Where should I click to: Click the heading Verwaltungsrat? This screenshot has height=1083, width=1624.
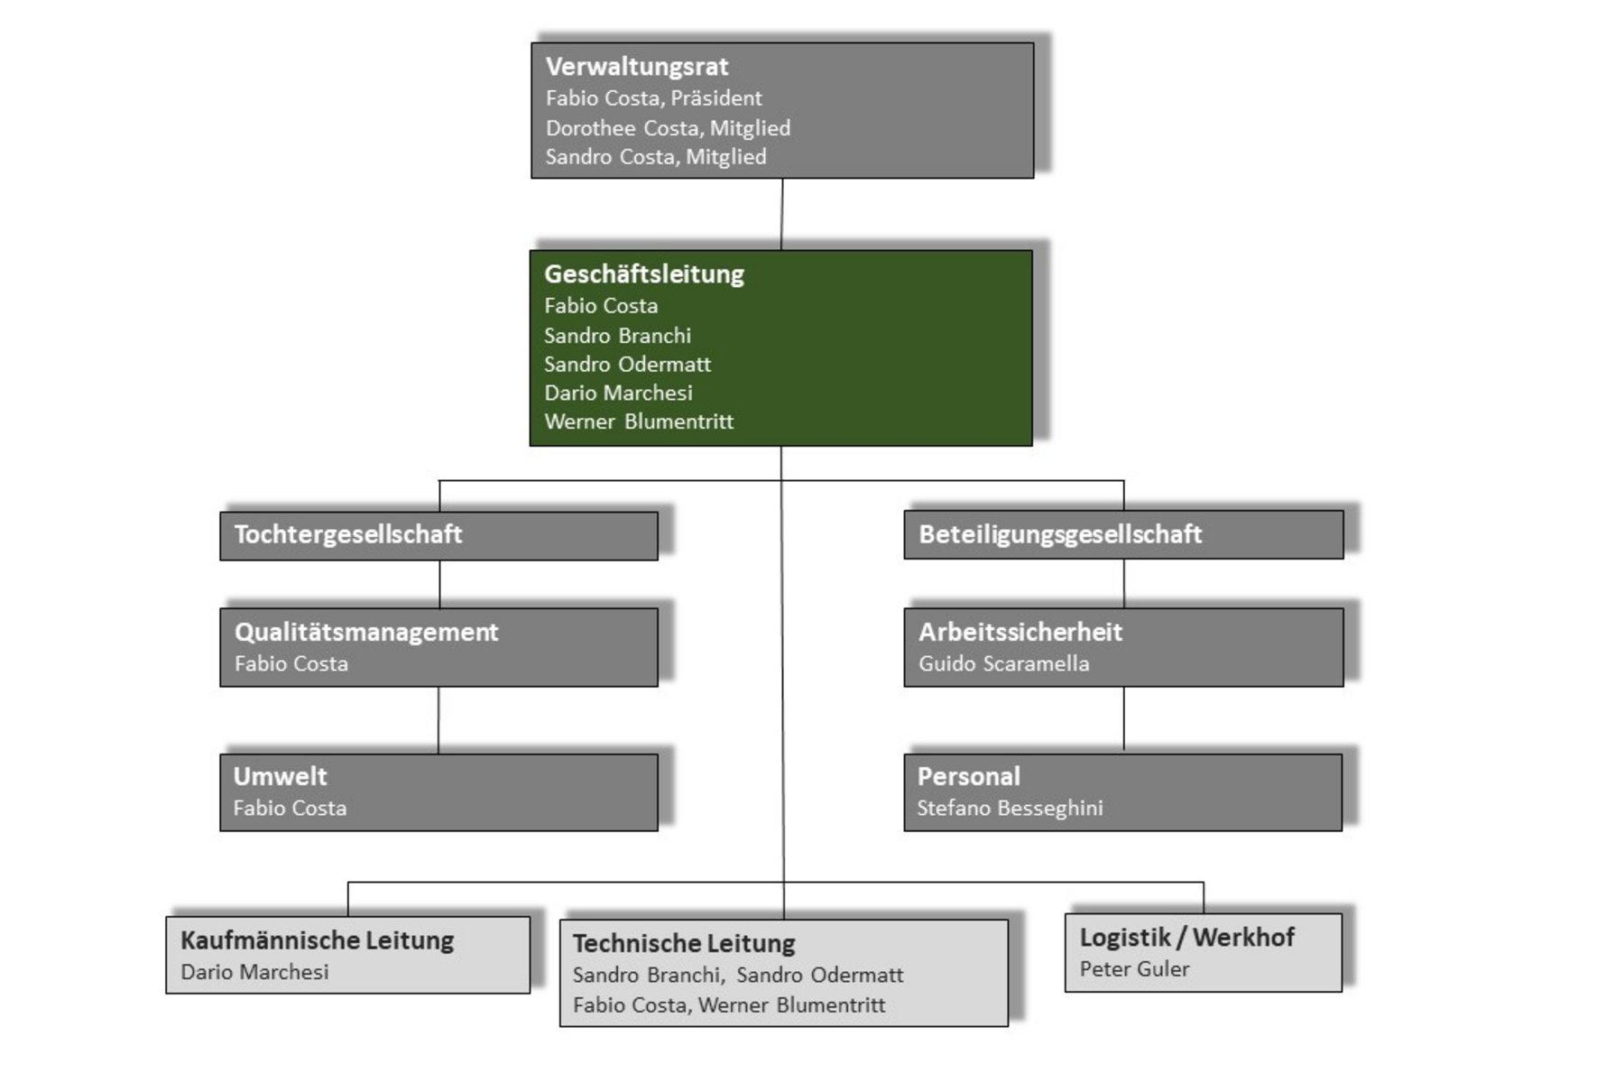(x=637, y=67)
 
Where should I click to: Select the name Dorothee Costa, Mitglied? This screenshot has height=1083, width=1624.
(x=668, y=128)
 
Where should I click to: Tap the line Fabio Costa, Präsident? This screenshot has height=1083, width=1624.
(x=653, y=98)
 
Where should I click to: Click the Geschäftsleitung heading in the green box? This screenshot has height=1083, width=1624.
(x=644, y=274)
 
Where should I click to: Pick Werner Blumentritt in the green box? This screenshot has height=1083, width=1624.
(x=639, y=421)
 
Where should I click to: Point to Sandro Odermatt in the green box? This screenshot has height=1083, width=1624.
(x=627, y=365)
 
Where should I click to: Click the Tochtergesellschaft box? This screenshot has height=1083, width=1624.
(x=438, y=535)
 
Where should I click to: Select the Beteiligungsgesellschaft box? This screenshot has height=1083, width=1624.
(x=1123, y=534)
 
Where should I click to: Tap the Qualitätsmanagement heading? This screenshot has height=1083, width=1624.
(x=366, y=632)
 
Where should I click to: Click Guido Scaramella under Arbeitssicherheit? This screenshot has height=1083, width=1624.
(x=1003, y=664)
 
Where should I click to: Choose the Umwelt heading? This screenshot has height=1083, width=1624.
(x=280, y=776)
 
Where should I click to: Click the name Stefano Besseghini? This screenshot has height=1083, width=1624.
(x=1010, y=809)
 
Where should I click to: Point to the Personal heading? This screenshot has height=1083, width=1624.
(x=969, y=776)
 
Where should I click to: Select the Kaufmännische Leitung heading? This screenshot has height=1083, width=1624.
(x=317, y=940)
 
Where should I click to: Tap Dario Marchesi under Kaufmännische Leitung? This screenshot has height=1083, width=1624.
(x=254, y=972)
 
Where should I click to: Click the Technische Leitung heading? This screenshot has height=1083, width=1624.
(x=684, y=944)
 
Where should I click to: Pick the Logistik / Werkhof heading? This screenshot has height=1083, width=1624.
(x=1186, y=938)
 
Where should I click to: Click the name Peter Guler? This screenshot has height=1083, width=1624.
(x=1134, y=969)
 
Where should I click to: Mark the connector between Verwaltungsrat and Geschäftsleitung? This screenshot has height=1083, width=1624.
(x=781, y=214)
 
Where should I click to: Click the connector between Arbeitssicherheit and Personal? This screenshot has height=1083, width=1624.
(x=1123, y=719)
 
